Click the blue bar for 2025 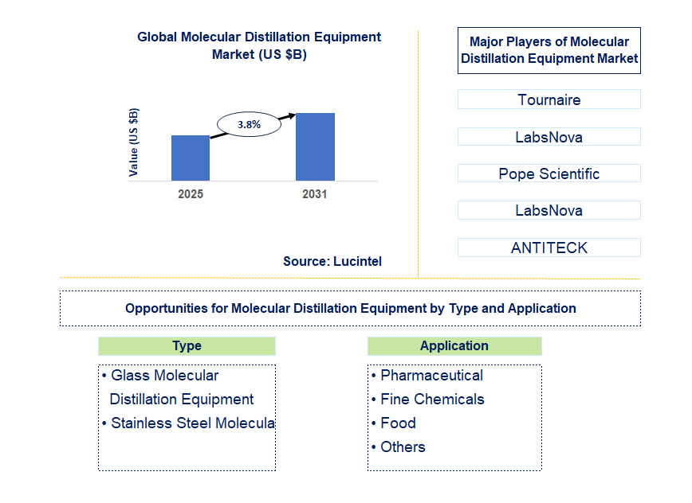tap(191, 158)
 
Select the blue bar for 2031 tap(315, 146)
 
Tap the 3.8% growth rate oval tap(250, 125)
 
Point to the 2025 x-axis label tap(191, 194)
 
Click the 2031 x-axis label tap(314, 194)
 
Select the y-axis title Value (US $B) tap(134, 142)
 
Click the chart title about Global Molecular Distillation tap(259, 45)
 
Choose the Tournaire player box tap(548, 99)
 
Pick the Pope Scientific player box tap(548, 174)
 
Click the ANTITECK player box tap(548, 248)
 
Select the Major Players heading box tap(548, 50)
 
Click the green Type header tap(187, 345)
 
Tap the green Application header tap(454, 345)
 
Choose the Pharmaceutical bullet tap(431, 376)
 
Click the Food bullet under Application tap(398, 423)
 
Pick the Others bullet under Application tap(403, 447)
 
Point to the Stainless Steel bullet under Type tap(191, 423)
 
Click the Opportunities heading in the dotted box tap(350, 308)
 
